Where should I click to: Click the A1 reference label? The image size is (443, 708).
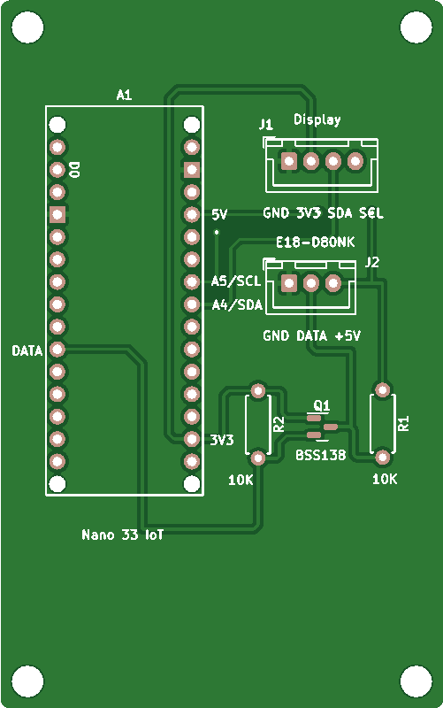pyautogui.click(x=124, y=95)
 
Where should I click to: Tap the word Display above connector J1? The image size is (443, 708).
pyautogui.click(x=317, y=119)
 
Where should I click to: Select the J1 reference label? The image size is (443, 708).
pyautogui.click(x=265, y=124)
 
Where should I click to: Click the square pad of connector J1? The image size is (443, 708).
pyautogui.click(x=289, y=161)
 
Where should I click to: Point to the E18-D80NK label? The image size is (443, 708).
pyautogui.click(x=316, y=242)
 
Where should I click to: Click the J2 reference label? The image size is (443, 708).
pyautogui.click(x=371, y=262)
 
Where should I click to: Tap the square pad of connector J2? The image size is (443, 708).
pyautogui.click(x=289, y=283)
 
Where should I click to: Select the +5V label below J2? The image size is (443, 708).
pyautogui.click(x=348, y=336)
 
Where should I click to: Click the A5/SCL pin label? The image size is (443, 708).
pyautogui.click(x=236, y=281)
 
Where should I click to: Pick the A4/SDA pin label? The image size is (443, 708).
pyautogui.click(x=237, y=305)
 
